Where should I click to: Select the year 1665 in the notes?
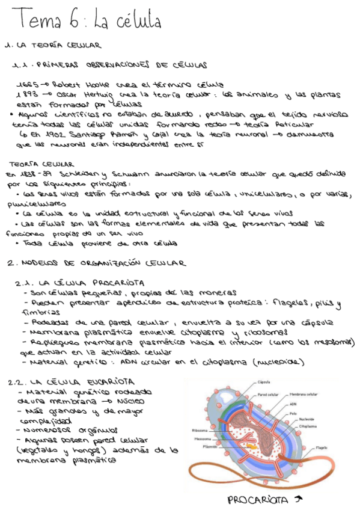coord(28,84)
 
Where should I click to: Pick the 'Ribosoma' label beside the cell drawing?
coord(200,430)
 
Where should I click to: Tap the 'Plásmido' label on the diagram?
coord(210,447)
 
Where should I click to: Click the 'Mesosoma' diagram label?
coord(203,438)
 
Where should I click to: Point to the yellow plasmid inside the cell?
coord(252,448)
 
